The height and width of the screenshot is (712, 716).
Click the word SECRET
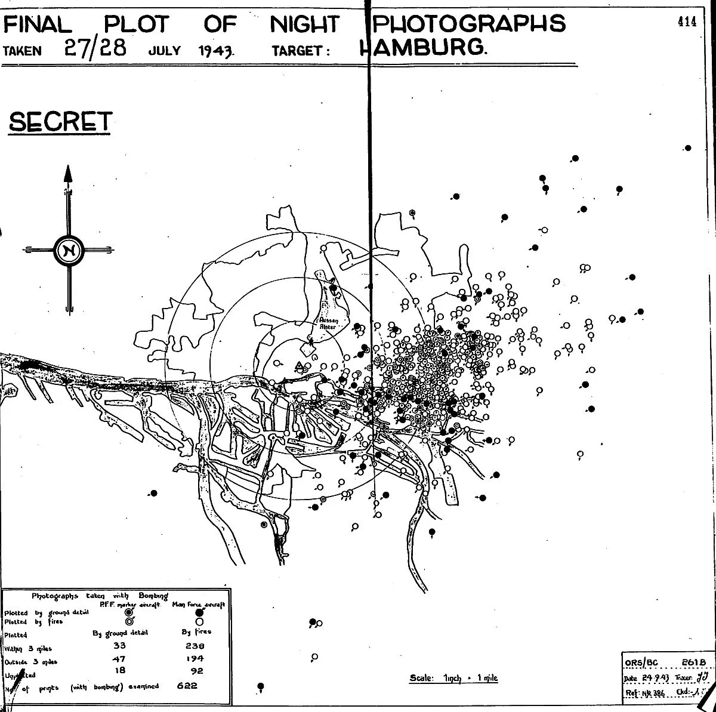coord(60,122)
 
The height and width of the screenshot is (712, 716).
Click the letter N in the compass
coord(67,251)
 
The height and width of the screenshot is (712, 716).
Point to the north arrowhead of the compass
coord(67,174)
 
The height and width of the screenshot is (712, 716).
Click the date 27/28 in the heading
coord(95,48)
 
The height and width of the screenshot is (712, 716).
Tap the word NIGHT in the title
coord(304,24)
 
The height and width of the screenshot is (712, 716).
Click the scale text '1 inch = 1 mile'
coord(453,678)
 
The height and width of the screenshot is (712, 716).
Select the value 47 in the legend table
coord(119,659)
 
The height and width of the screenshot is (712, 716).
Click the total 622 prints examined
coord(187,686)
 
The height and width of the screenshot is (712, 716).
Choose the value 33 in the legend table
coord(119,646)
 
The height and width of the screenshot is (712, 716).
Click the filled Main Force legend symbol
coord(199,612)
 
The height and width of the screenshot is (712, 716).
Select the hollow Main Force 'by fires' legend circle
coord(199,621)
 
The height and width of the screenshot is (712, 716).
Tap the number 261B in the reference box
coord(695,662)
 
